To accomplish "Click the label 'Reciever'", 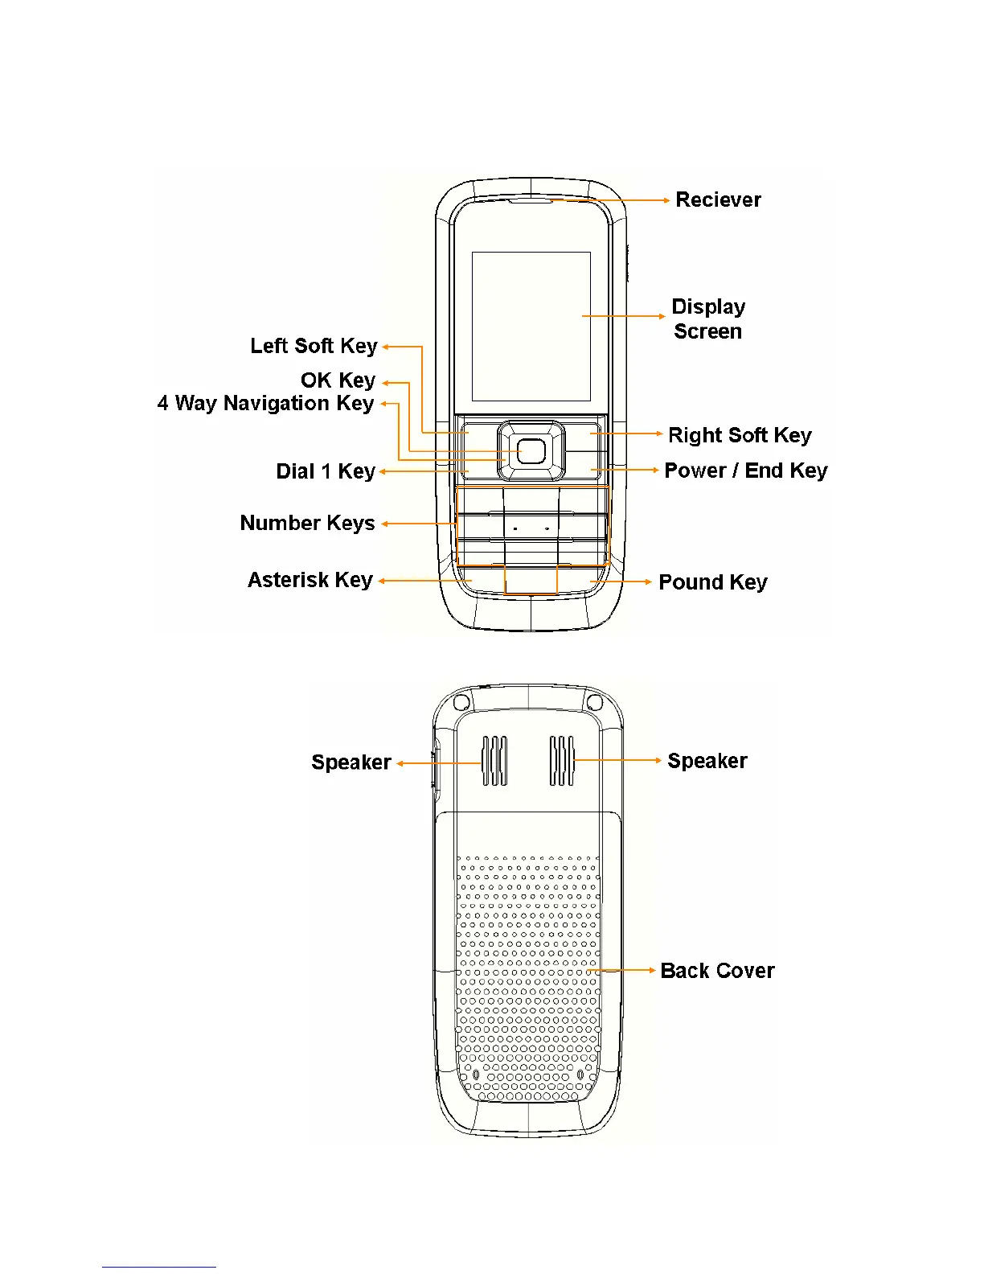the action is [718, 199].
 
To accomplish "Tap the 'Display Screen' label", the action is [708, 318].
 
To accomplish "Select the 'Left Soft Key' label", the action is [314, 346].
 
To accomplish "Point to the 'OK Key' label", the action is [338, 380].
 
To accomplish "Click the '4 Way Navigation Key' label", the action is [265, 403].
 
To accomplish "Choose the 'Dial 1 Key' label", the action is [326, 471].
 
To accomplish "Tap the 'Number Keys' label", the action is [307, 523].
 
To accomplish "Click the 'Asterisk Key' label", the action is [310, 580].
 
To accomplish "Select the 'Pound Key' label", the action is [712, 582].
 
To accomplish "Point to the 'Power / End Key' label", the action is [745, 471].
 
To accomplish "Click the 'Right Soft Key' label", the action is [740, 435].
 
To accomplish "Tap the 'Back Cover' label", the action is [717, 971].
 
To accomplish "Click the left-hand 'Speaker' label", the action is [351, 762].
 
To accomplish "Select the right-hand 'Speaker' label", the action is [707, 761].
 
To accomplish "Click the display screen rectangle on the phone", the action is [531, 326].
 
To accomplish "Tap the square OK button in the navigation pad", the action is [531, 451].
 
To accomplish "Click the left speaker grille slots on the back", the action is [494, 761].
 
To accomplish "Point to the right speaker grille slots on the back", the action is [562, 761].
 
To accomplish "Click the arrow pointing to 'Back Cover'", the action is [623, 971].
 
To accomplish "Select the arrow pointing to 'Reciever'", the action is [611, 200].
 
